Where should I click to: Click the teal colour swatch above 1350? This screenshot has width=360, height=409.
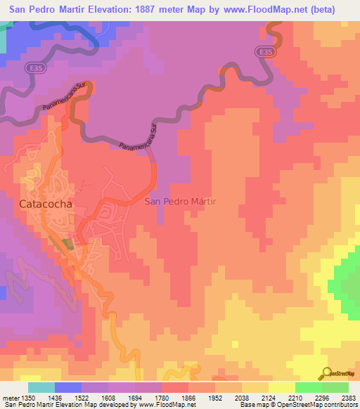tap(41, 387)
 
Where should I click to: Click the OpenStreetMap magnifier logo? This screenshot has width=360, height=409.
tap(327, 372)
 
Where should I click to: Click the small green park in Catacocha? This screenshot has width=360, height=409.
tap(67, 244)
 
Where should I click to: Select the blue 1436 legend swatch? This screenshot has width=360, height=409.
tap(68, 387)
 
